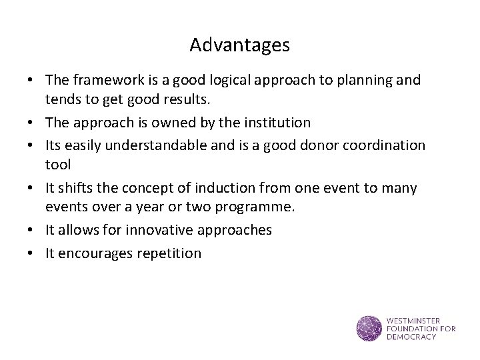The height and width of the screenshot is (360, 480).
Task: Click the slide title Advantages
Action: point(239,45)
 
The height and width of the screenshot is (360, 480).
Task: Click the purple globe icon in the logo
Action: point(369,328)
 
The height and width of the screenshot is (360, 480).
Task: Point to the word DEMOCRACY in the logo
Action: point(411,337)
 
